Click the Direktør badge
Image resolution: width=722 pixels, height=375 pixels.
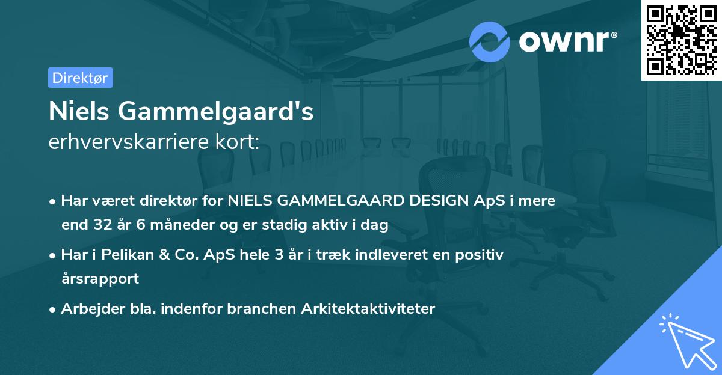80,78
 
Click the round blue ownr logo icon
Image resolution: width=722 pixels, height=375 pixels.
490,41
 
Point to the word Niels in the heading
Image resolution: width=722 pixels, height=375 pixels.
79,112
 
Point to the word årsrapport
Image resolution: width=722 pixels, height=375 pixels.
100,279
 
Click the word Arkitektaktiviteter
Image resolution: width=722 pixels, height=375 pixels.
370,309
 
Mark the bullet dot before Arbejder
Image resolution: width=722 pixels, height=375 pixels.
53,309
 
